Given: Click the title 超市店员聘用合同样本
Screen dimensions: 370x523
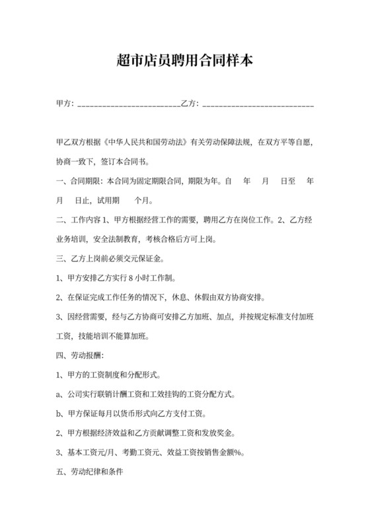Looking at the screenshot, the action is tap(184, 61).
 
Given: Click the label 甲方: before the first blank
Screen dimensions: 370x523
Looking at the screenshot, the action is tap(65, 104).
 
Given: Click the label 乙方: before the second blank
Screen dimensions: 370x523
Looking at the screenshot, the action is tap(190, 104).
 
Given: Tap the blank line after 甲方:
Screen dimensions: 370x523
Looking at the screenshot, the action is tap(129, 105).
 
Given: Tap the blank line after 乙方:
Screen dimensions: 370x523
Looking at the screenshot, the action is tap(258, 105).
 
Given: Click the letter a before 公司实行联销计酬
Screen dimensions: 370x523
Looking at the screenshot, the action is tap(59, 395).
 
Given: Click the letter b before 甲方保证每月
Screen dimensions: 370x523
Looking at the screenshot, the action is tap(59, 414).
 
